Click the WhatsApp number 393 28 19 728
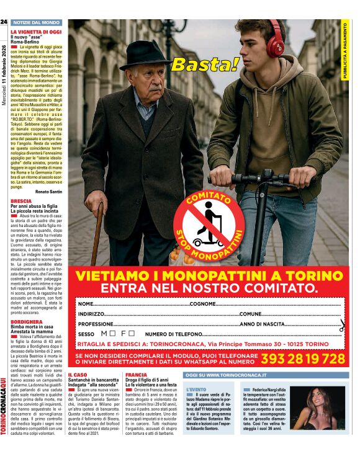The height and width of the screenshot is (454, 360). click(x=303, y=359)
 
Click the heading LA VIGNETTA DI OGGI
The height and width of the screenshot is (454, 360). click(x=36, y=31)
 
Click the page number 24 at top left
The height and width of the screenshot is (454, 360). click(x=4, y=22)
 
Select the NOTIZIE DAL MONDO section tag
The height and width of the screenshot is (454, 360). click(x=36, y=22)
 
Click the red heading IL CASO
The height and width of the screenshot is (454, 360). click(x=78, y=375)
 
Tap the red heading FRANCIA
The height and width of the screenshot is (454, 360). click(x=136, y=375)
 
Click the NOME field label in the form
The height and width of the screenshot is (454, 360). click(x=86, y=304)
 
